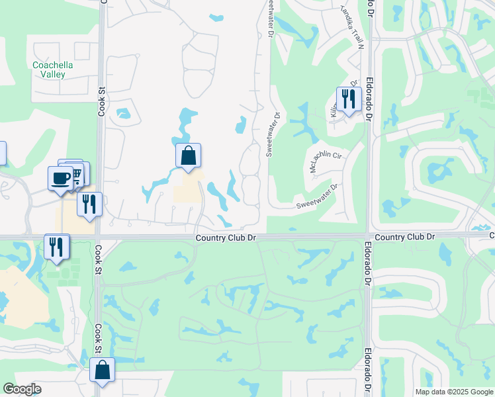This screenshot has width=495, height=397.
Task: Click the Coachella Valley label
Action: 49,69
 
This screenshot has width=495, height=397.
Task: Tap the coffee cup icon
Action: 60,178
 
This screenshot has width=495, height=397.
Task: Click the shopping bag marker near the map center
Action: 188,156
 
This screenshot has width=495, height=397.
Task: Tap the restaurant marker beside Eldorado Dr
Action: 349,99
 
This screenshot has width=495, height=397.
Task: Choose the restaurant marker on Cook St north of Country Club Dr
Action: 89,204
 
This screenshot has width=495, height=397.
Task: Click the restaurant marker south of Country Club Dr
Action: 57,247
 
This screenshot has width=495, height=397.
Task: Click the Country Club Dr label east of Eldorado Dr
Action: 405,237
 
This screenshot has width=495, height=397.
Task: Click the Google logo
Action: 22,389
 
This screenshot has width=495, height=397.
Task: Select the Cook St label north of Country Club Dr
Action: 101,101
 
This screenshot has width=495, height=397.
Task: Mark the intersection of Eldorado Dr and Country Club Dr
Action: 367,236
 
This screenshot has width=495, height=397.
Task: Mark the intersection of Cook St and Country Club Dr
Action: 99,237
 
